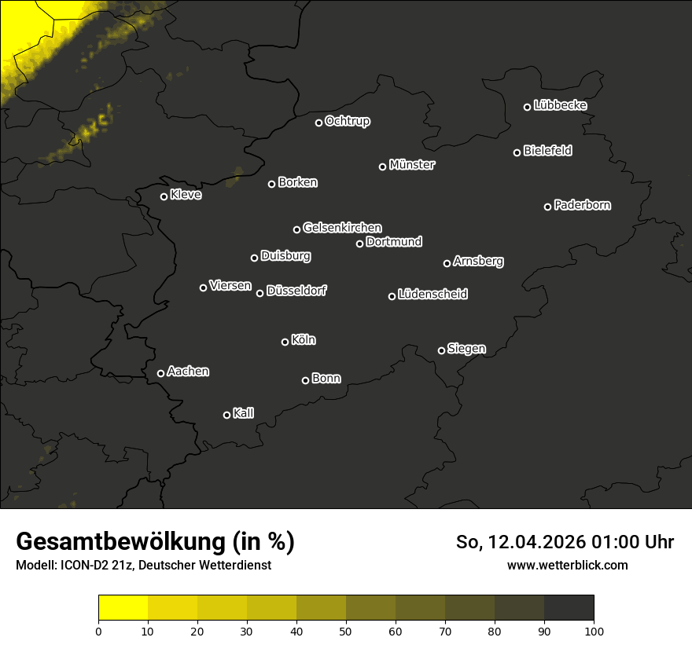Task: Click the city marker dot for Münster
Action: (x=383, y=167)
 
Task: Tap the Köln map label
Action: (x=304, y=340)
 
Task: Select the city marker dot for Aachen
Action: (x=161, y=373)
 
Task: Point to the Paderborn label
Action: (x=582, y=205)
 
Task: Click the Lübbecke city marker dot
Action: (x=528, y=107)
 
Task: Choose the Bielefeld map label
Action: (x=547, y=151)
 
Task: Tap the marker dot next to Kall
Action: (x=227, y=415)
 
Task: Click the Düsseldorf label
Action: (x=296, y=291)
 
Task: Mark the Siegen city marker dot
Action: (x=441, y=350)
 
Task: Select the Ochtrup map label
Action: (x=347, y=121)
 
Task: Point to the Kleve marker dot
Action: (x=164, y=196)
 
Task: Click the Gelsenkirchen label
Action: (x=342, y=228)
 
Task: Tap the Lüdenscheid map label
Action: (x=432, y=295)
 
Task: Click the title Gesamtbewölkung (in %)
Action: (x=155, y=542)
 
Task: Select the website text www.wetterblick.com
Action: (x=567, y=565)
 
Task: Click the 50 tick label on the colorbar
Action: (x=346, y=631)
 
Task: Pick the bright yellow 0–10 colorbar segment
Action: (x=123, y=608)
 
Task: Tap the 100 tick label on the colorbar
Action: (x=594, y=631)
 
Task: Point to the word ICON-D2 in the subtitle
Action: (x=81, y=565)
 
